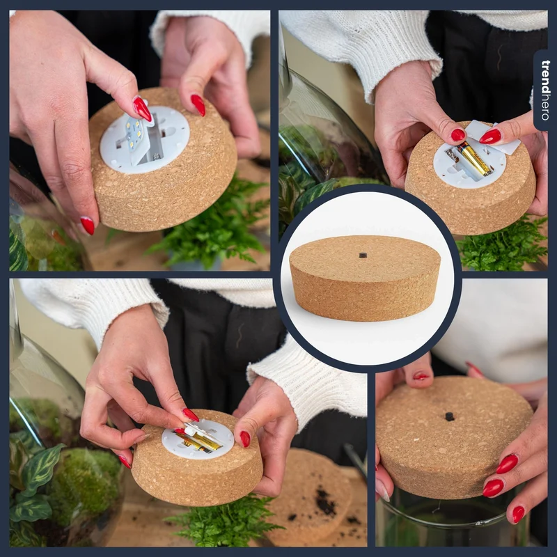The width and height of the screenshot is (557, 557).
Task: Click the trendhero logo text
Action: point(545,91)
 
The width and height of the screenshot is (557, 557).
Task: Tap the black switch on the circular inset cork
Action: point(362,255)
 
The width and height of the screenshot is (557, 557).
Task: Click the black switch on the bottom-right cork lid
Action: point(449,416)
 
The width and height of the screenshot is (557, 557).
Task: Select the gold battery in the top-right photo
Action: point(473,159)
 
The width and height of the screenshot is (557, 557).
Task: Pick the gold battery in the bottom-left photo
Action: point(198,440)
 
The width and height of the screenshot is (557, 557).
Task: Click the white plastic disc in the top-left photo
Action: point(145,140)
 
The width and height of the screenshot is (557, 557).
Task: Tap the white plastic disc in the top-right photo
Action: point(469,164)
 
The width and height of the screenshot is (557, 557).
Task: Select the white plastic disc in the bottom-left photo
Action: point(198,439)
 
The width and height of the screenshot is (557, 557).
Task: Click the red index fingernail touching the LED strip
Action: point(142,109)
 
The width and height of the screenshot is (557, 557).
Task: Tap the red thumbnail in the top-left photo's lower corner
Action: point(88,226)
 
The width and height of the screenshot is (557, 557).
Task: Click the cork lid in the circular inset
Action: point(365,278)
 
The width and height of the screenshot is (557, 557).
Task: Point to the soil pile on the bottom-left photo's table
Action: point(325,501)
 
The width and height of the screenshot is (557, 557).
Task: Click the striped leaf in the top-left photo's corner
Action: point(18,251)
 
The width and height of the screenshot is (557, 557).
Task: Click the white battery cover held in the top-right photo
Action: point(494,136)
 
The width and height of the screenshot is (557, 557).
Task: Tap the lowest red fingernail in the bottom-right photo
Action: point(519,515)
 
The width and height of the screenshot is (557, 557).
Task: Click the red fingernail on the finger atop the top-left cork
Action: point(198,105)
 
